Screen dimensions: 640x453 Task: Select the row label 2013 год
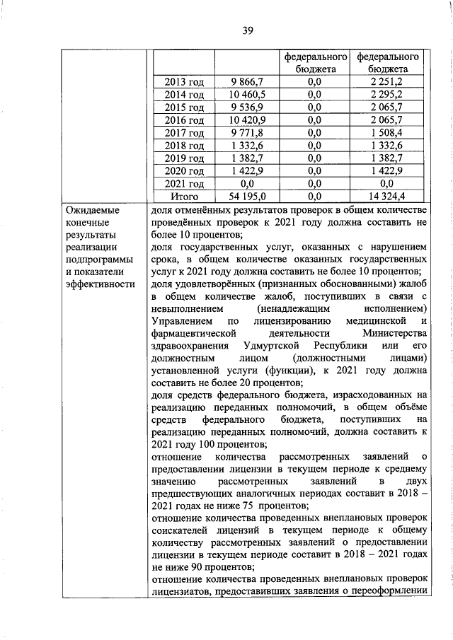(x=184, y=82)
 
